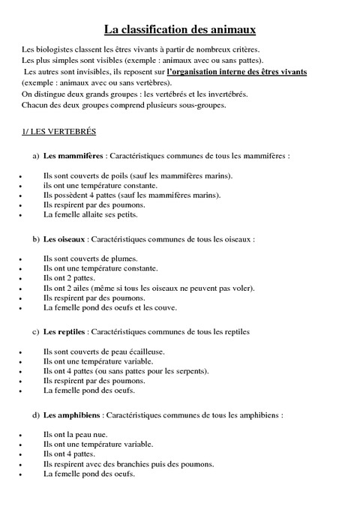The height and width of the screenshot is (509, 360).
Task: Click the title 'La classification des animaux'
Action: click(180, 30)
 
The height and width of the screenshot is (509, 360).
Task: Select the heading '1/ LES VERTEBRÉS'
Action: click(59, 132)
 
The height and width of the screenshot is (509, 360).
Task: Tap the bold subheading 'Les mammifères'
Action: click(73, 156)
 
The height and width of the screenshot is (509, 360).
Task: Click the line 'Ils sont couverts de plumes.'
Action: click(90, 259)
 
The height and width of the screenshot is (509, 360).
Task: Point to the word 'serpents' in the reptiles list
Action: click(192, 371)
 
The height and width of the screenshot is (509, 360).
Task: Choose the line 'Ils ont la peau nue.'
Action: click(75, 434)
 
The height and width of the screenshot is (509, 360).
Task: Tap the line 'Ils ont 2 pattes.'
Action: click(69, 278)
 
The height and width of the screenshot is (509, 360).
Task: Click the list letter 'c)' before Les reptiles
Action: click(35, 331)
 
